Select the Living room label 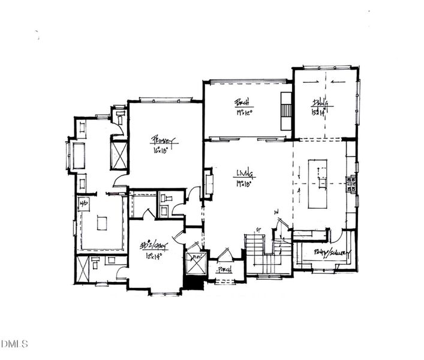pos(246,175)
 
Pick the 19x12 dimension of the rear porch pos(242,112)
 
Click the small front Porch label pos(225,269)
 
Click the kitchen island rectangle pos(318,184)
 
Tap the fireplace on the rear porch pos(286,112)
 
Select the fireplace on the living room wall pos(208,184)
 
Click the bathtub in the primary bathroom pos(77,155)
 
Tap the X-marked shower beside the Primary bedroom pos(119,154)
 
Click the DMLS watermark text pos(15,344)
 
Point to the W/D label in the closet pos(83,203)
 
